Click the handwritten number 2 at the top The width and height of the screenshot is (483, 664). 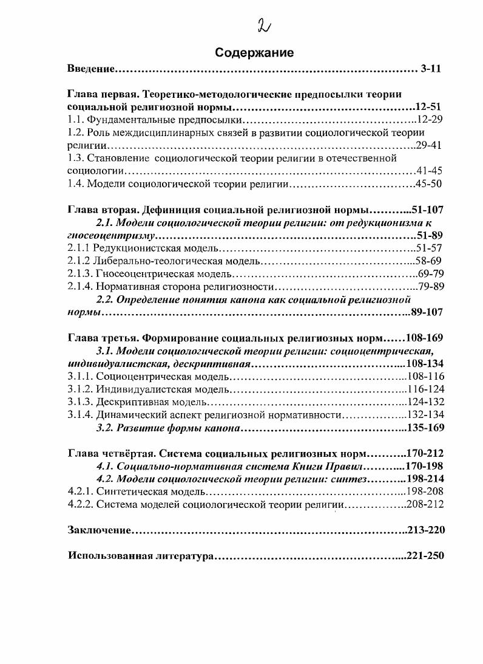(265, 26)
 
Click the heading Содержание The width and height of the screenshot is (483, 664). (254, 53)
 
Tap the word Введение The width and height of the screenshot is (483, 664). (91, 69)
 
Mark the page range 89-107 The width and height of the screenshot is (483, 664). (427, 313)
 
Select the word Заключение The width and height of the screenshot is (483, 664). (100, 530)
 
